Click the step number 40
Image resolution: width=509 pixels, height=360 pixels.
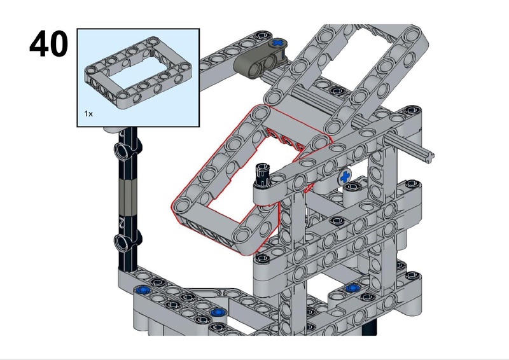click(x=49, y=44)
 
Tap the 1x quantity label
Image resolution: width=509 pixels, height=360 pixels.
click(x=88, y=114)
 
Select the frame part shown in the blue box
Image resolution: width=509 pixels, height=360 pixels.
click(x=138, y=73)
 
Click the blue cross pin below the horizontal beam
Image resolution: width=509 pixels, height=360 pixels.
click(x=345, y=177)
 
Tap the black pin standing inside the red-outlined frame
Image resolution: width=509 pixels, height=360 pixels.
click(x=262, y=175)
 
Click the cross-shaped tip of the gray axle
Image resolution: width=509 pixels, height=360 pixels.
click(x=430, y=157)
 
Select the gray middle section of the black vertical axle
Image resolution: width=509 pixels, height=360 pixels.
click(x=127, y=197)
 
